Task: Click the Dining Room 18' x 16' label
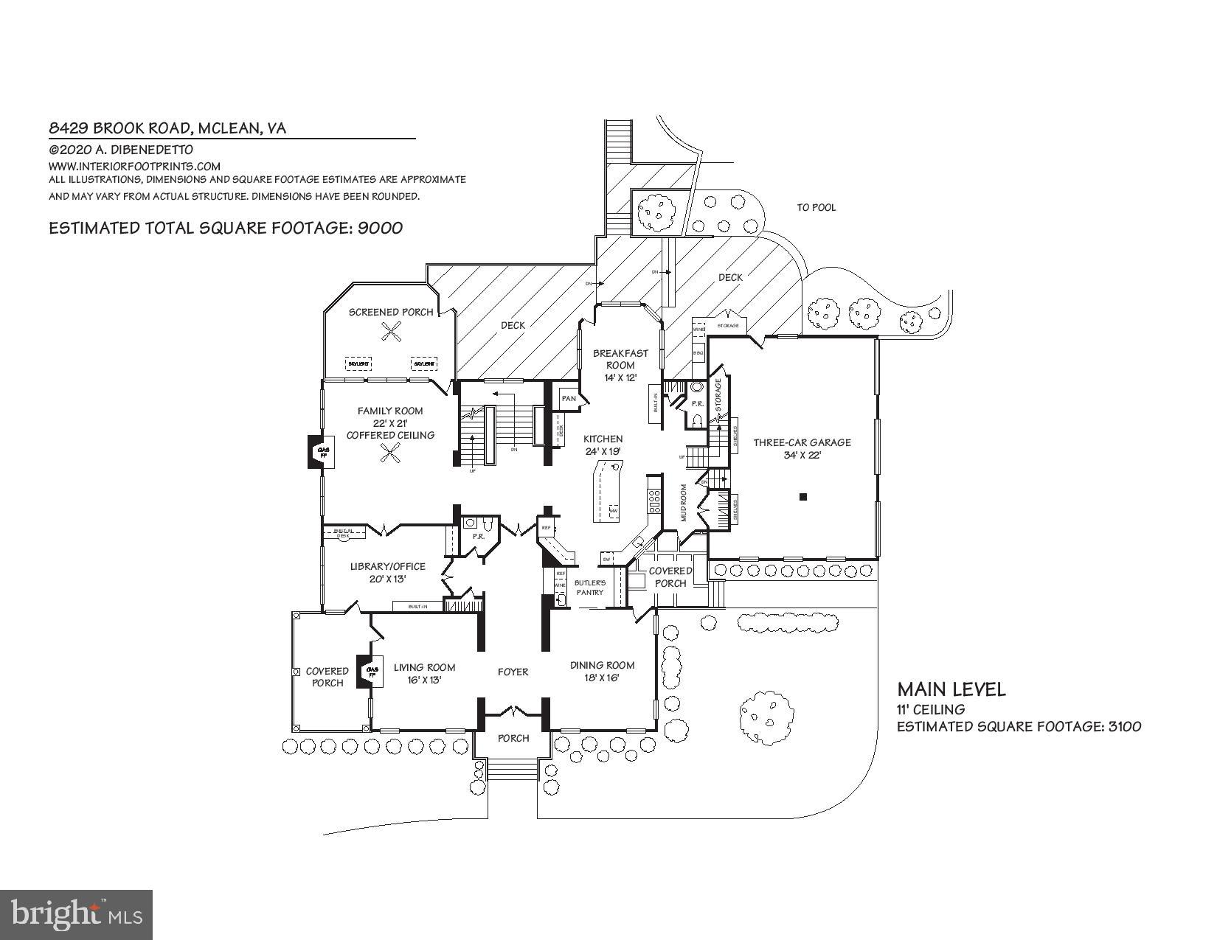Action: tap(602, 671)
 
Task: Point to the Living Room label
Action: tap(424, 673)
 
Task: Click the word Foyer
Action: tap(513, 672)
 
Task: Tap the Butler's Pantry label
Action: tap(589, 587)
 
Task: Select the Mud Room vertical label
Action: tap(684, 502)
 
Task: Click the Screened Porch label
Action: tap(391, 312)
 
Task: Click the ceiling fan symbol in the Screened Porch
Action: tap(391, 334)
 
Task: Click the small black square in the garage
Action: tap(803, 497)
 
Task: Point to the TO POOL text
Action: tap(816, 208)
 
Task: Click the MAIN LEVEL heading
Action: tap(951, 689)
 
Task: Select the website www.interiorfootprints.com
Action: tap(134, 167)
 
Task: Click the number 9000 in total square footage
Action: tap(380, 228)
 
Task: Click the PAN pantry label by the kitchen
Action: tap(569, 399)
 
